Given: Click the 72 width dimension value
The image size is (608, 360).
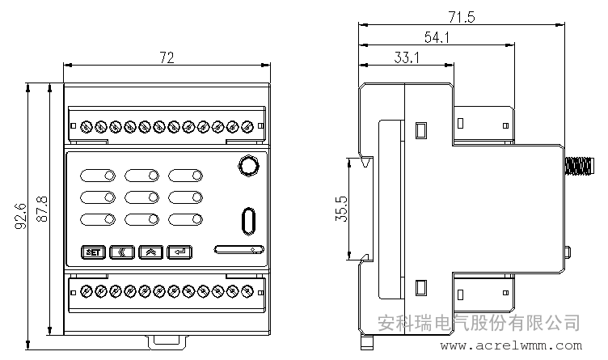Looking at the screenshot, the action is [167, 57].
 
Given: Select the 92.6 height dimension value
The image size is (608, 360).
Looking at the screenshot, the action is [20, 216].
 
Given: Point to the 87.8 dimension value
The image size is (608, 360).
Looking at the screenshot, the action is [42, 209].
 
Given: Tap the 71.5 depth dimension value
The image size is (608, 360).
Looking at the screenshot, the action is [462, 17].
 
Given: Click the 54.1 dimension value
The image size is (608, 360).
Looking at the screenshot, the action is [437, 37].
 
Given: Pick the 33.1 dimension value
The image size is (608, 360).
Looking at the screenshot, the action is [407, 57].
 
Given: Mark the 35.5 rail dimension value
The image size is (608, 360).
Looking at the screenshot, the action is [341, 209].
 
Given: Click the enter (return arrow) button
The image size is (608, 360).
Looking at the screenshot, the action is [179, 252].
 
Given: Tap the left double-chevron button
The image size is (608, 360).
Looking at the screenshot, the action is [122, 252].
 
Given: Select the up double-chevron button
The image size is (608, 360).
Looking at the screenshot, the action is [150, 252].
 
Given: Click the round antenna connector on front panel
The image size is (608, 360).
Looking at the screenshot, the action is [248, 166].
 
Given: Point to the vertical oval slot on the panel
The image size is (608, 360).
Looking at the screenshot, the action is [248, 222].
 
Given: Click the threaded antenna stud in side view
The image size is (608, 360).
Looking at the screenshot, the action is [580, 166].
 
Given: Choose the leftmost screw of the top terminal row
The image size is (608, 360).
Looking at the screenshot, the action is [86, 126].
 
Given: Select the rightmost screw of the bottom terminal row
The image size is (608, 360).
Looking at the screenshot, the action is [247, 291].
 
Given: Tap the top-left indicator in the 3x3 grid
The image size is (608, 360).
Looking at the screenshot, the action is [98, 176].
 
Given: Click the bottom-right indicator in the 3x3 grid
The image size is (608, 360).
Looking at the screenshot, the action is [185, 219].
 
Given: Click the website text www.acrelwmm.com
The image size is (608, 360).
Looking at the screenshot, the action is [511, 345].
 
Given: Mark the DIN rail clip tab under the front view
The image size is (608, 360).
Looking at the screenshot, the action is [167, 341].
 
